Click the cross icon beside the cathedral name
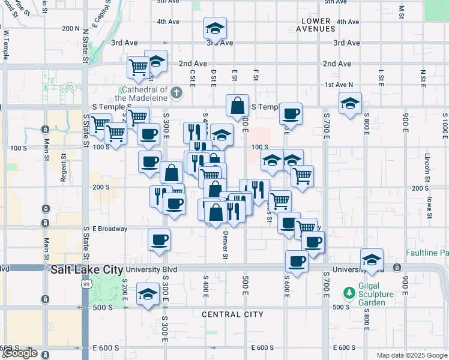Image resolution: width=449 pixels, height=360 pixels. click(176, 93)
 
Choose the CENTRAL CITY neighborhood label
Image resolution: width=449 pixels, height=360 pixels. click(233, 314)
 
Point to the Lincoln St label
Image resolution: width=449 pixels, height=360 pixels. click(427, 164)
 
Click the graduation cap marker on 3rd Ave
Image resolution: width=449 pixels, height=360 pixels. click(215, 28)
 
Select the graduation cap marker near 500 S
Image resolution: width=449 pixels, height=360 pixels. click(147, 295)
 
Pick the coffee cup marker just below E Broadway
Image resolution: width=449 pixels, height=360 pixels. click(159, 240)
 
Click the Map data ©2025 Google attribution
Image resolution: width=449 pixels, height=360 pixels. click(411, 355)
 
